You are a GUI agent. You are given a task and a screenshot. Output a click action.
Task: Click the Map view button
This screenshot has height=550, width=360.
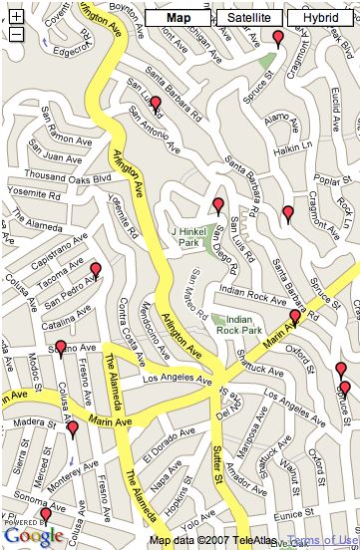[178, 18]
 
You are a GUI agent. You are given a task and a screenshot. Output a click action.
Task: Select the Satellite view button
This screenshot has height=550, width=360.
[248, 18]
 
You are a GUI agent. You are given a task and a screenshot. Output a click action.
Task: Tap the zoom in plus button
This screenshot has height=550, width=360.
[16, 17]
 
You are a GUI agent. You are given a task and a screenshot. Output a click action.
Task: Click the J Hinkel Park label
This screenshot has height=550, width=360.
[186, 235]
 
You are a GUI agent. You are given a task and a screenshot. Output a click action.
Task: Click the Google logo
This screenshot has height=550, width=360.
[33, 536]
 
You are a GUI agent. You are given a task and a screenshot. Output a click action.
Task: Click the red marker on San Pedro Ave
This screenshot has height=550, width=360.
[96, 270]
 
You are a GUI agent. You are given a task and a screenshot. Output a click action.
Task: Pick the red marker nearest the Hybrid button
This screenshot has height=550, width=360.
[278, 39]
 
